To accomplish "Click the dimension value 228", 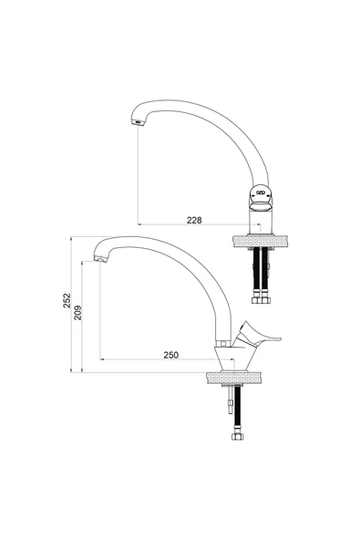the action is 194,220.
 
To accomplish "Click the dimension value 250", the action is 171,355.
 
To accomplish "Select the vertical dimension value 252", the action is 67,300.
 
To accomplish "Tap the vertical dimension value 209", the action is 77,312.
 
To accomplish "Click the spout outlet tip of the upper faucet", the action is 137,122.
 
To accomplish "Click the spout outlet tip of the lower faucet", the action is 100,259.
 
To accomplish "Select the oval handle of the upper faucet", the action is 261,199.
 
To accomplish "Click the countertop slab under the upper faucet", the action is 260,241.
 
